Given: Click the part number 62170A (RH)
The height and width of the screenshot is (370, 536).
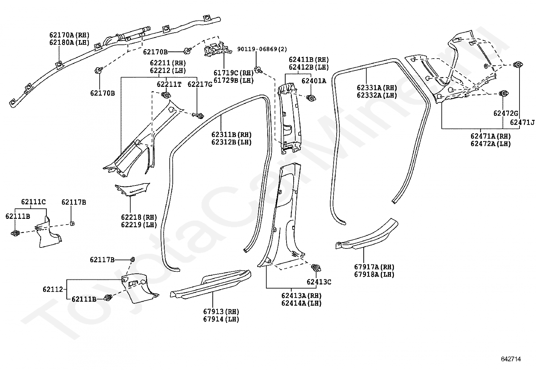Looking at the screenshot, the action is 69,35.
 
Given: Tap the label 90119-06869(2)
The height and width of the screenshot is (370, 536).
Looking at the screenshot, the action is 262,49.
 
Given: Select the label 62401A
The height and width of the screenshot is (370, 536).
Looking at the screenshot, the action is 314,81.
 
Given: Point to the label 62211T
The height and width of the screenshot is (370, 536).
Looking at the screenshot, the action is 169,84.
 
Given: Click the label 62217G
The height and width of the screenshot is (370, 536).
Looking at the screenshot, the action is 200,84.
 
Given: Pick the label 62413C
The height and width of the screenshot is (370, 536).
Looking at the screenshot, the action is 319,282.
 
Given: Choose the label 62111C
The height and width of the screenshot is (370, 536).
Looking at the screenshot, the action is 33,202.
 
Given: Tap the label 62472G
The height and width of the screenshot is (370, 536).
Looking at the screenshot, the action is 506,113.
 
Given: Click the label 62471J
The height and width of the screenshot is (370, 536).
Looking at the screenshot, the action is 522,122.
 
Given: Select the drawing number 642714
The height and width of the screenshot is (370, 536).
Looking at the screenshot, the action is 511,359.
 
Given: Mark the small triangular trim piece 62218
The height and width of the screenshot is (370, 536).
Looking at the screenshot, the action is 132,190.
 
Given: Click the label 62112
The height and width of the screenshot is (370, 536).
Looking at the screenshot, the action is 53,289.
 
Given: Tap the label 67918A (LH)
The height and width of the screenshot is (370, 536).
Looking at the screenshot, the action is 374,274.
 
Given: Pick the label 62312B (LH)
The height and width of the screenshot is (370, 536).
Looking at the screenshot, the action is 231,142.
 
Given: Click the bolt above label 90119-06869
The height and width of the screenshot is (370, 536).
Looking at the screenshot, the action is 258,70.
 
